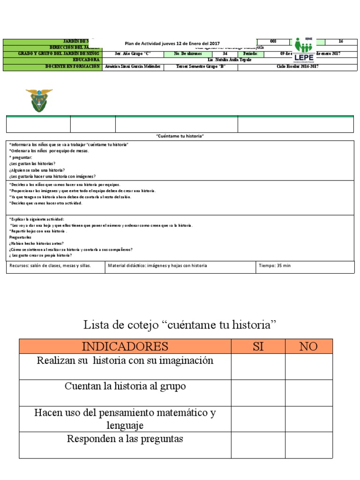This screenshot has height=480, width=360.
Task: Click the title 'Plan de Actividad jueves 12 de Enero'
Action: tap(172, 44)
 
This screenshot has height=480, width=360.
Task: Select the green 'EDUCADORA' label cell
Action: tap(52, 60)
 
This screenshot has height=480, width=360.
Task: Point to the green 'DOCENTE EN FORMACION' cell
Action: tap(52, 67)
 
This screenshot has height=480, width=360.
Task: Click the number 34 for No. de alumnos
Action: tap(225, 54)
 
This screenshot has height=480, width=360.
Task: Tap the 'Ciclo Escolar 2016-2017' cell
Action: tap(295, 67)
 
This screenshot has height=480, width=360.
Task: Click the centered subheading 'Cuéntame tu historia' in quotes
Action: tap(180, 136)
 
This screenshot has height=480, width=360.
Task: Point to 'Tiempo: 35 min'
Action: tap(275, 266)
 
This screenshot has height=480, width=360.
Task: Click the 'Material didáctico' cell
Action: tap(157, 266)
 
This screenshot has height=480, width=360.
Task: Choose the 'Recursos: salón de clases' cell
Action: tap(51, 266)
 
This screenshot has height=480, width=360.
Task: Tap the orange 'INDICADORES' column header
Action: tap(125, 346)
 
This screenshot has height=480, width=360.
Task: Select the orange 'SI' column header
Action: tap(258, 346)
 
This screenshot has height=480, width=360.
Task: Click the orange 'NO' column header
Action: tap(308, 346)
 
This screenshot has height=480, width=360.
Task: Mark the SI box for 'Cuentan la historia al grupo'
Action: tap(258, 393)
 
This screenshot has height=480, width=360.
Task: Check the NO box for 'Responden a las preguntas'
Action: tap(308, 445)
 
